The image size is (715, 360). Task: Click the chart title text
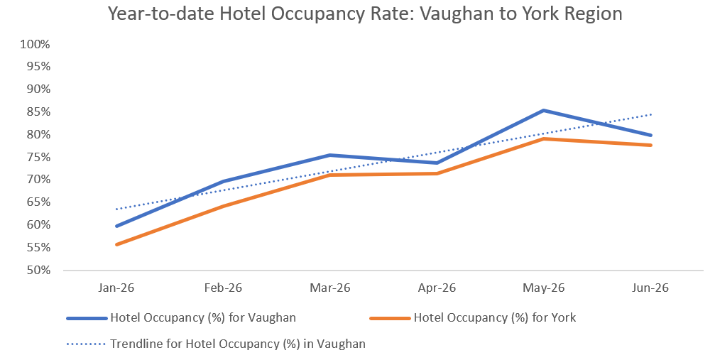coord(365,13)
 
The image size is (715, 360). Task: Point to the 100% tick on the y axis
coord(35,44)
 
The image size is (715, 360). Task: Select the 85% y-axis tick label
coord(38,111)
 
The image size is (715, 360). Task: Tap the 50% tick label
coord(38,270)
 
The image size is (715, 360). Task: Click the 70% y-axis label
coord(38,180)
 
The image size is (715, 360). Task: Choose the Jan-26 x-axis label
coord(116,288)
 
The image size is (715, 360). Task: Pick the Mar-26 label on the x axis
coord(330,288)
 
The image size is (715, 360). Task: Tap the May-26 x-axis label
coord(544,288)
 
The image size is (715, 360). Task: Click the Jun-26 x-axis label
coord(650,288)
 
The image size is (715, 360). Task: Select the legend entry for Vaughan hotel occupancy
coord(181,317)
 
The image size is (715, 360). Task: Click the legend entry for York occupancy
coord(473,317)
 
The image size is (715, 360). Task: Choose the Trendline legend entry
coord(216,343)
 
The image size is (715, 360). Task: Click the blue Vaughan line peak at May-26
coord(544,111)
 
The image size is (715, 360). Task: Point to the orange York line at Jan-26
coord(116,244)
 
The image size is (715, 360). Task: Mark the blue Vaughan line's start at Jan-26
coord(116,226)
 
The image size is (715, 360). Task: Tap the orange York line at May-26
coord(544,138)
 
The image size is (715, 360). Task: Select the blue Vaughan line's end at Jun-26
coord(650,135)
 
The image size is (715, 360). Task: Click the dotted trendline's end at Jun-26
coord(651,114)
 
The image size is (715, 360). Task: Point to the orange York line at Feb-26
coord(224,206)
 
